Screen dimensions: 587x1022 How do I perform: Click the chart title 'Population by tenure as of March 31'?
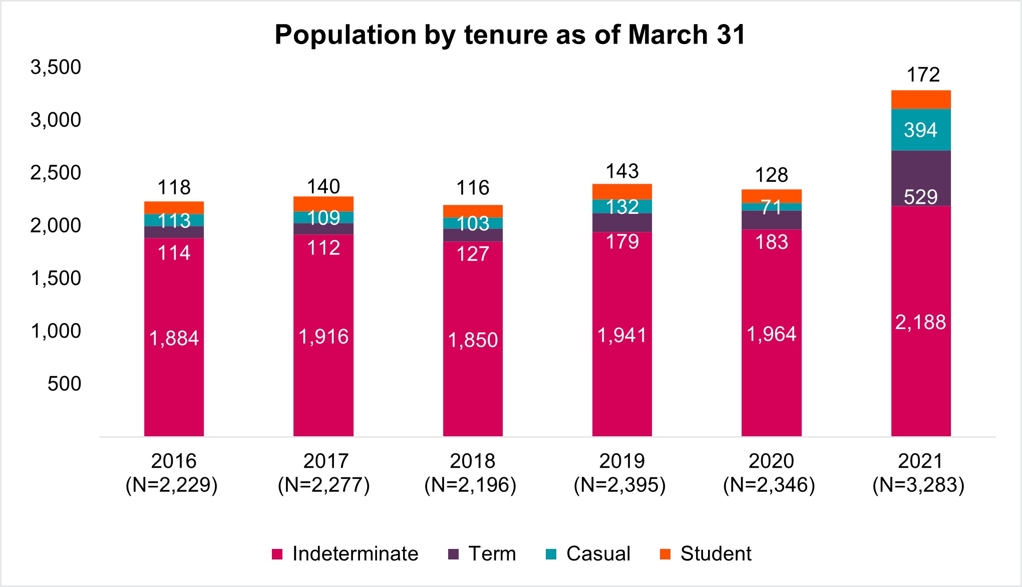(510, 35)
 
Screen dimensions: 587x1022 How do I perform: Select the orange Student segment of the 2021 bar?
(920, 100)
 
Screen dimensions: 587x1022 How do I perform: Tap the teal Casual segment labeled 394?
(920, 130)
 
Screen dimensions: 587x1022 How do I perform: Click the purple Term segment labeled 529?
(920, 196)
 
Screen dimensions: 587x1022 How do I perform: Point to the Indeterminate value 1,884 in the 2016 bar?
(174, 339)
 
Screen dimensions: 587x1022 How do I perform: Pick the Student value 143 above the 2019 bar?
(622, 171)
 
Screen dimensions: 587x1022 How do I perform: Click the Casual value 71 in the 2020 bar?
(771, 207)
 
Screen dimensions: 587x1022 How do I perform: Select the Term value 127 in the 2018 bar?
(473, 254)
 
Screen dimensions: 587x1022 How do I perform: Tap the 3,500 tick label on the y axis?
(56, 67)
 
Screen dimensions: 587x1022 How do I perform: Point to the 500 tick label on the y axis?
(64, 384)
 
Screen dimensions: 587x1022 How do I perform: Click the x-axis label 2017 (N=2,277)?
(323, 473)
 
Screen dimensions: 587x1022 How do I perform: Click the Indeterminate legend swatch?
(277, 554)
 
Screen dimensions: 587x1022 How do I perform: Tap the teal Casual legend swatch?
(551, 554)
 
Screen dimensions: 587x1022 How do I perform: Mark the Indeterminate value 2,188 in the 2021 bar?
(920, 322)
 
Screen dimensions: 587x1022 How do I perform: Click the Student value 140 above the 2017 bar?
(323, 187)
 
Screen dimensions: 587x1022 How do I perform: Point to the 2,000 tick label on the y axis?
(56, 225)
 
